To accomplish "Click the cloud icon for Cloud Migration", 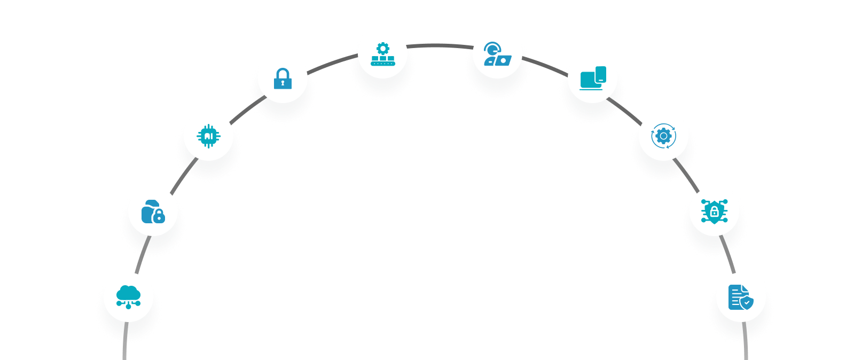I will click(x=128, y=297).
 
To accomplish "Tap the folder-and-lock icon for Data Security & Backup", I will click(x=153, y=212).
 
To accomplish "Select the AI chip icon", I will click(x=208, y=136).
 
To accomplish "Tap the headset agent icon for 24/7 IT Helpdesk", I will click(x=497, y=54).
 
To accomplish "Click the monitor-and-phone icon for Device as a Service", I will click(x=593, y=78).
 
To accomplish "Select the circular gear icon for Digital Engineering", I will click(x=663, y=136).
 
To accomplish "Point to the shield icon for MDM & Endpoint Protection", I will click(x=714, y=212).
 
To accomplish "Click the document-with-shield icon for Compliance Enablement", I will click(x=740, y=297).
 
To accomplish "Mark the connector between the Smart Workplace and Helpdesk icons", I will click(x=440, y=46).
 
